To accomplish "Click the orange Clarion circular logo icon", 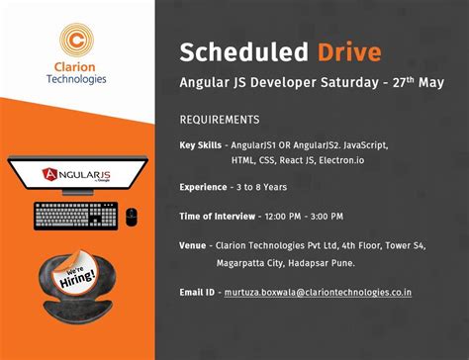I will coord(76,43).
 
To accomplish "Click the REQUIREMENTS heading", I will coord(220,120).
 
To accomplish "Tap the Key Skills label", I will coord(203,145).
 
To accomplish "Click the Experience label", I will coord(205,187).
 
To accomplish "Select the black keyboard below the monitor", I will coord(75,214).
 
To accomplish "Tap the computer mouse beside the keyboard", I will coord(132,215).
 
